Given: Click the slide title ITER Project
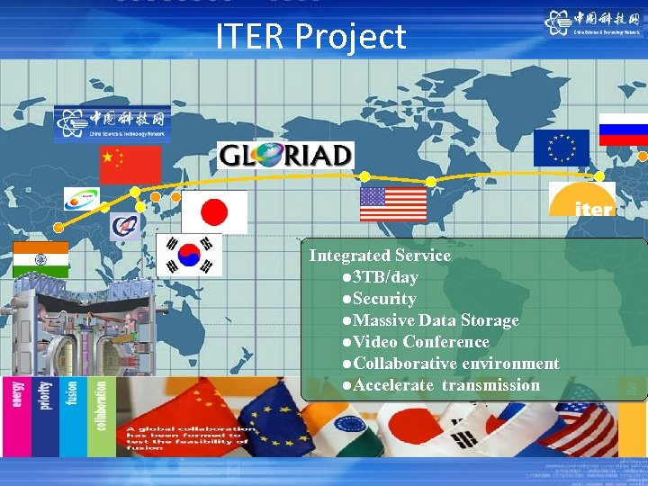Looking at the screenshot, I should [x=310, y=37].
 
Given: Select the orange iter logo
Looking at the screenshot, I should [x=582, y=200].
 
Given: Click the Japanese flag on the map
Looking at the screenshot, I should [x=214, y=212].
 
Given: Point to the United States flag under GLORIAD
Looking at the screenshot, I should [x=393, y=204].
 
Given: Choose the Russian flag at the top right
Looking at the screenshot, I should [x=624, y=129].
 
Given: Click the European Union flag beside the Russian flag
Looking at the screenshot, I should [x=561, y=148].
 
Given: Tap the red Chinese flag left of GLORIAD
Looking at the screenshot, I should [x=130, y=165].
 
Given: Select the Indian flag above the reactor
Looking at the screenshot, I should [x=40, y=260].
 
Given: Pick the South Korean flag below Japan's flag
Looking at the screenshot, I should [x=189, y=255].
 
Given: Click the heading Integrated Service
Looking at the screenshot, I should [x=380, y=256].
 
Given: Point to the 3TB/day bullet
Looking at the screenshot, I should [x=381, y=277].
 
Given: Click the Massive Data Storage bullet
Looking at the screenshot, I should [x=431, y=320].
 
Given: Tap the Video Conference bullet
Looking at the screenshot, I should [x=417, y=342].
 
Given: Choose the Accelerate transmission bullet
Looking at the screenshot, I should [x=442, y=385].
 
